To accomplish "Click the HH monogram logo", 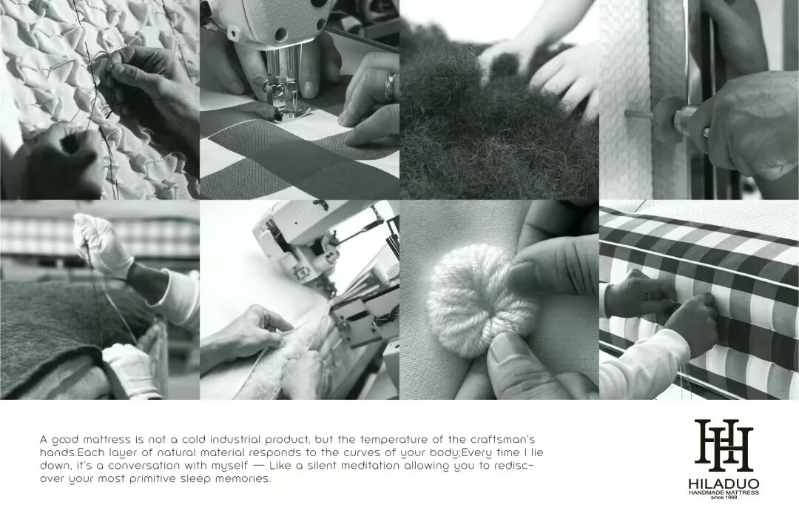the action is coord(724,446).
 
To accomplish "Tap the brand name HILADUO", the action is coord(724,484).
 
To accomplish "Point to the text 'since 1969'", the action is coord(724,498).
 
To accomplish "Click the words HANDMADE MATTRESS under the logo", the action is coord(724,492).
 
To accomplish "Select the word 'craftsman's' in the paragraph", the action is coord(502,439).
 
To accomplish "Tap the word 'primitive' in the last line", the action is coord(153,480).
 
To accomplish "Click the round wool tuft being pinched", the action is coord(482,300).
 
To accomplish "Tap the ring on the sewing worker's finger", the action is coord(391,85).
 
